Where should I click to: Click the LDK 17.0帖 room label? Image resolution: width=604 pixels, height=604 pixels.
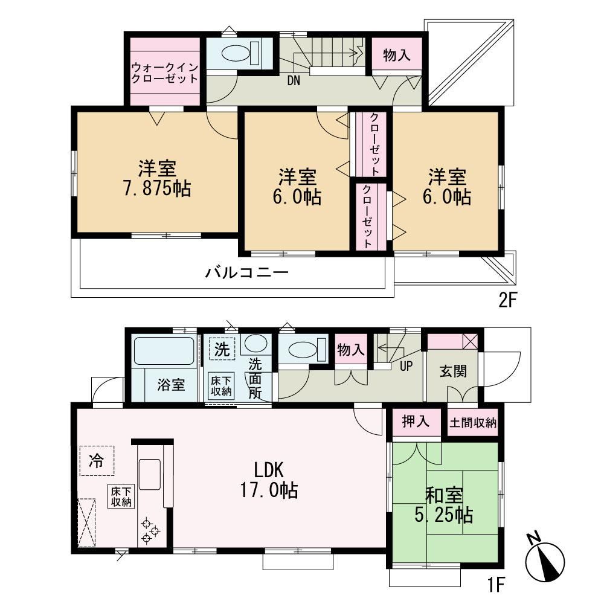click(x=269, y=480)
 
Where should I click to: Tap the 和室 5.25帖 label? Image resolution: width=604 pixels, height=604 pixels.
click(x=444, y=506)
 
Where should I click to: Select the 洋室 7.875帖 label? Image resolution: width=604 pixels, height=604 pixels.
click(x=157, y=179)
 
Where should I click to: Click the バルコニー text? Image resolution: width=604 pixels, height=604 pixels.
click(x=246, y=273)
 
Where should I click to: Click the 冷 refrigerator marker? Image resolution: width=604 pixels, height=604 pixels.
click(x=96, y=460)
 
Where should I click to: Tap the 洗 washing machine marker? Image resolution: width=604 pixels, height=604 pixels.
click(x=222, y=349)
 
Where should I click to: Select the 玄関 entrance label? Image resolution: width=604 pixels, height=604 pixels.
click(x=454, y=371)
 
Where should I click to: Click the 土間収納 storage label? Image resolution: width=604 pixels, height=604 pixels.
click(x=473, y=423)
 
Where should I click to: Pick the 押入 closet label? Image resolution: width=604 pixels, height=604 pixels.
click(x=416, y=422)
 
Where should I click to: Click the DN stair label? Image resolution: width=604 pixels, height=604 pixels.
click(x=294, y=81)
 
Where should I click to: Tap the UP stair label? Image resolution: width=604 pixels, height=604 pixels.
click(x=406, y=366)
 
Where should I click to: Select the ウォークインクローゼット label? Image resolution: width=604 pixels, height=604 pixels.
click(x=165, y=73)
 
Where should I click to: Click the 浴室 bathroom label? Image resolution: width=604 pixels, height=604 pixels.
click(x=171, y=384)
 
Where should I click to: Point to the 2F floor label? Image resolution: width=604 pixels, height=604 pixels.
click(x=507, y=301)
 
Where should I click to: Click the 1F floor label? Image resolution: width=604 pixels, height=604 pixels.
click(x=496, y=585)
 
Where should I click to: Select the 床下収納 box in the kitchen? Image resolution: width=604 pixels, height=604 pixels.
click(x=121, y=496)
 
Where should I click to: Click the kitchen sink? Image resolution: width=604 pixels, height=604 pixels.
click(x=149, y=474)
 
